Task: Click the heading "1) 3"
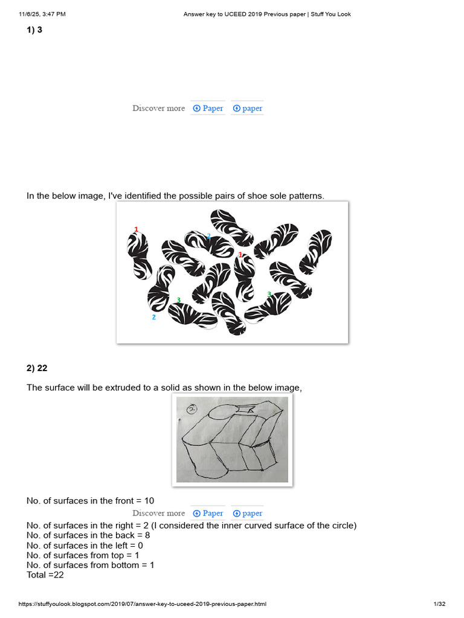tap(34, 30)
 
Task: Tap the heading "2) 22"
tap(37, 368)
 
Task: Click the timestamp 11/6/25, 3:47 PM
tap(42, 14)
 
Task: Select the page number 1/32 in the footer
tap(440, 604)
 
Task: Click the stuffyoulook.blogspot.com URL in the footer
tap(143, 604)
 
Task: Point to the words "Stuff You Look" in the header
tap(330, 14)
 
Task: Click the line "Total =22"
tap(45, 575)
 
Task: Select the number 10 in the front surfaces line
tap(149, 501)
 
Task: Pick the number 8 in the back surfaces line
tap(147, 535)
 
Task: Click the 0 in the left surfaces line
tap(140, 546)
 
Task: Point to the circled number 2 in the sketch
tap(192, 410)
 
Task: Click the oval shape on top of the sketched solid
tap(222, 412)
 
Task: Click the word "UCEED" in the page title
tap(235, 14)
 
